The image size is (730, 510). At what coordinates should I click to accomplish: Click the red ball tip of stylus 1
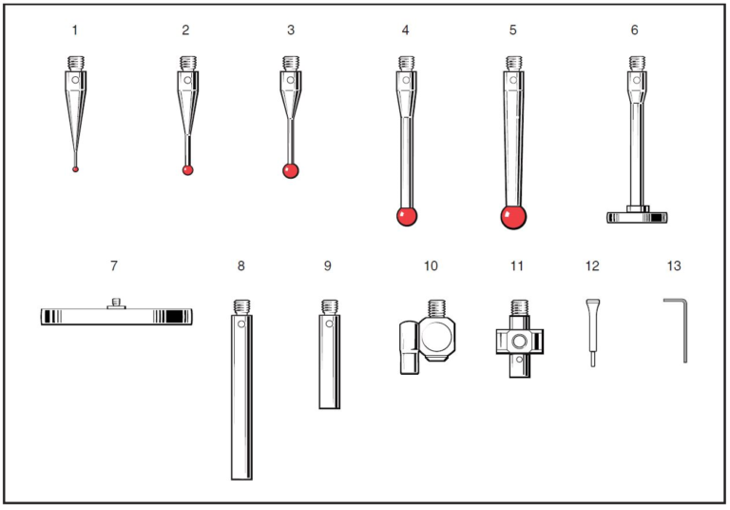pyautogui.click(x=75, y=169)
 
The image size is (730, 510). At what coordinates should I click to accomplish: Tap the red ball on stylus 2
pyautogui.click(x=188, y=170)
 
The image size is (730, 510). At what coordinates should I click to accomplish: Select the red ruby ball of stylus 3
pyautogui.click(x=291, y=171)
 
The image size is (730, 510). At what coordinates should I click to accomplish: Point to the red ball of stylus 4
pyautogui.click(x=407, y=216)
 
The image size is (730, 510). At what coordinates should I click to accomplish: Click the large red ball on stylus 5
pyautogui.click(x=513, y=217)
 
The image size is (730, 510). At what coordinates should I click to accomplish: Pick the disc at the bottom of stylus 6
pyautogui.click(x=638, y=217)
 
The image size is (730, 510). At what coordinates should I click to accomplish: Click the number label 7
pyautogui.click(x=114, y=265)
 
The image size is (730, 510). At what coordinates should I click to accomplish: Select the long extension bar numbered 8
pyautogui.click(x=241, y=400)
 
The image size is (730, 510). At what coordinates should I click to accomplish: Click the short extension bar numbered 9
pyautogui.click(x=329, y=362)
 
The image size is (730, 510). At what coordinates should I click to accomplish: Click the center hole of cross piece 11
pyautogui.click(x=517, y=340)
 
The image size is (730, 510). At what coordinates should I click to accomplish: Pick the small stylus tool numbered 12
pyautogui.click(x=591, y=330)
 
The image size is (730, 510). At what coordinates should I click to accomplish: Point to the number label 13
pyautogui.click(x=674, y=265)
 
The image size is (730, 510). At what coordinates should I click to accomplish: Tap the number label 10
pyautogui.click(x=431, y=265)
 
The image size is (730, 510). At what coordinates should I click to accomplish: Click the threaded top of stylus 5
pyautogui.click(x=513, y=64)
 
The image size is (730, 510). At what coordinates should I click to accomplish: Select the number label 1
pyautogui.click(x=75, y=30)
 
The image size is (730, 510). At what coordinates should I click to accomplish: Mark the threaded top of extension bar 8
pyautogui.click(x=241, y=306)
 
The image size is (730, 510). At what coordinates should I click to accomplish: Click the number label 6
pyautogui.click(x=634, y=30)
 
